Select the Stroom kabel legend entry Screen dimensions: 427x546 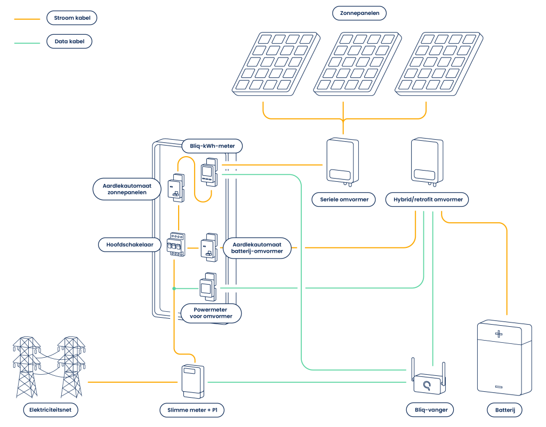(x=72, y=18)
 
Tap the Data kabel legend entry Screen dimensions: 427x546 (x=69, y=41)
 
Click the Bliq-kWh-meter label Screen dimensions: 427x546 (x=212, y=146)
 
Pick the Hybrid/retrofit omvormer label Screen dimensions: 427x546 (x=420, y=200)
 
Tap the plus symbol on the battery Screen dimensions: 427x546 (x=499, y=334)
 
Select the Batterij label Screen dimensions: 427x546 (x=504, y=410)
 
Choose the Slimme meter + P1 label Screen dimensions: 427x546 (x=192, y=410)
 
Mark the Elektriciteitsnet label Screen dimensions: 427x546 (x=51, y=410)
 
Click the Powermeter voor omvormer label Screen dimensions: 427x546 (x=211, y=313)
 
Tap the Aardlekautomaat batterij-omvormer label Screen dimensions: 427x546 (x=258, y=248)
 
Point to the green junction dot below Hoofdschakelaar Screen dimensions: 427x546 (x=174, y=288)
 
